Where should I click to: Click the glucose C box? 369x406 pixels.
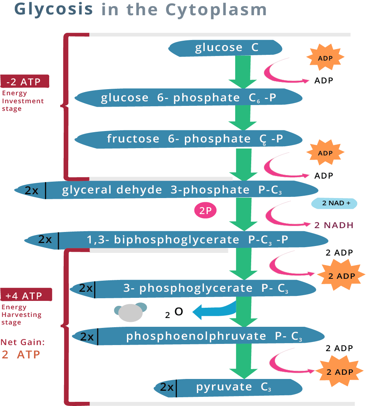[x=226, y=48]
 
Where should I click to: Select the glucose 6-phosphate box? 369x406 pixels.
[x=188, y=98]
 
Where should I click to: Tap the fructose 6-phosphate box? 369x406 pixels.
[x=189, y=139]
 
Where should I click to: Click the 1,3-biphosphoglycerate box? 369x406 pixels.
[x=187, y=240]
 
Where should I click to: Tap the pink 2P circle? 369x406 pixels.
[x=205, y=211]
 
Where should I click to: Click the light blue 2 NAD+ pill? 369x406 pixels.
[x=334, y=203]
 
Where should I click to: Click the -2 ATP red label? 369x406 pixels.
[x=25, y=82]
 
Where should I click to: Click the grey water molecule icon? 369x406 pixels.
[x=131, y=312]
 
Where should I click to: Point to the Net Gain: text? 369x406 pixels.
[x=22, y=342]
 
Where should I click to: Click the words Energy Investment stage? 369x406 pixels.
[x=22, y=101]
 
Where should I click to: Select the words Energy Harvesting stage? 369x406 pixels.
[x=21, y=315]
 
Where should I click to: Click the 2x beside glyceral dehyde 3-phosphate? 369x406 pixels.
[x=31, y=190]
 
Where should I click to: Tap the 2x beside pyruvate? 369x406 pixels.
[x=167, y=388]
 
